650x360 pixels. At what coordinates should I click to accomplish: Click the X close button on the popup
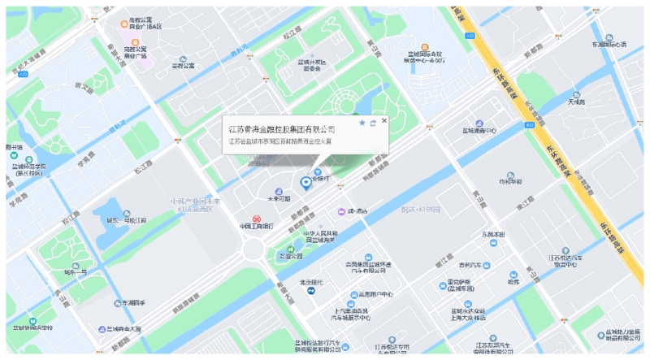(x=384, y=121)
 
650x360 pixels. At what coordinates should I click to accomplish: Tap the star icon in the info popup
(x=362, y=123)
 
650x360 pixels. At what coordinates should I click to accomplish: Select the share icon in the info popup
(x=372, y=123)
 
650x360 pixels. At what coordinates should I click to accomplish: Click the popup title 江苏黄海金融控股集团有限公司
(x=281, y=128)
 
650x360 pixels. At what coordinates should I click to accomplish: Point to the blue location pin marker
(x=305, y=184)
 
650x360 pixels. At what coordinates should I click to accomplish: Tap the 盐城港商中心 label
(x=479, y=130)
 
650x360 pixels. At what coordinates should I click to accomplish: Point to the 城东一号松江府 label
(x=127, y=219)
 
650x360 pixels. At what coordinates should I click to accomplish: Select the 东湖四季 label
(x=132, y=302)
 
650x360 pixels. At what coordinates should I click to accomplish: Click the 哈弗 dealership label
(x=513, y=282)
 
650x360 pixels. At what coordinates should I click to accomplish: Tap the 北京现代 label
(x=312, y=282)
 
